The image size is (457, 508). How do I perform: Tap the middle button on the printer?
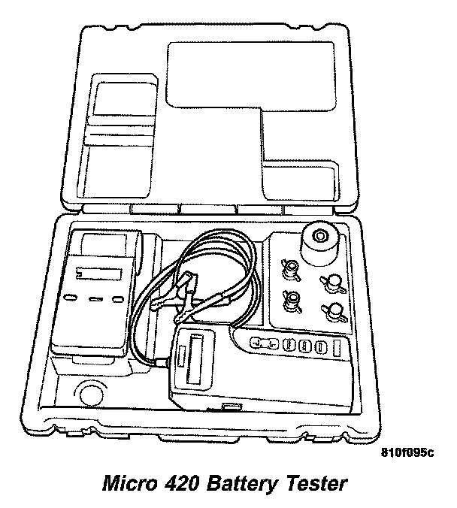tap(95, 299)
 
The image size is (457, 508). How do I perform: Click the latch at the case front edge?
tap(230, 408)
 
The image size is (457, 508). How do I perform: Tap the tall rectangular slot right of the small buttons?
tap(337, 346)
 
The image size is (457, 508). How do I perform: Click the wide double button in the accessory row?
tap(265, 343)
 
